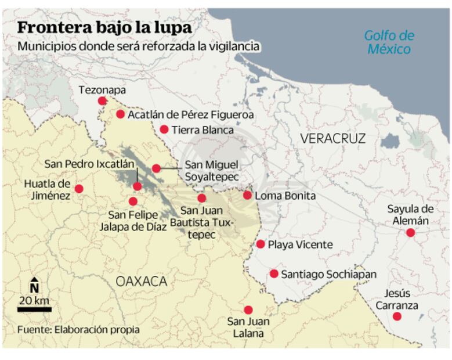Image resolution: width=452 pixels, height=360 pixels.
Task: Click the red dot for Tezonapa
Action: [102, 100]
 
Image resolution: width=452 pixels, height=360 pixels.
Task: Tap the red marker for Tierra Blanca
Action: [164, 129]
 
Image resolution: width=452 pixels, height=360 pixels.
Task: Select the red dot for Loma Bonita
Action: [247, 195]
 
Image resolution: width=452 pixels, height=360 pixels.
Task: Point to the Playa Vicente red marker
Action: [261, 244]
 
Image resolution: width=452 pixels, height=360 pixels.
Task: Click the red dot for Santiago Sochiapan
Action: [274, 273]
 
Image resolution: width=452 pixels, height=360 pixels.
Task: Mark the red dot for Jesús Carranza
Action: [397, 316]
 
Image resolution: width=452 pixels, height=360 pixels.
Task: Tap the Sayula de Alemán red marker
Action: [410, 233]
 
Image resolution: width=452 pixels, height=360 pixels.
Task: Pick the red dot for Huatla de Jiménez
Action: [79, 189]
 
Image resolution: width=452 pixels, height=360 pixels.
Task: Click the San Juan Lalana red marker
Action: [248, 310]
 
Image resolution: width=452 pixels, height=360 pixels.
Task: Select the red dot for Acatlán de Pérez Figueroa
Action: [120, 114]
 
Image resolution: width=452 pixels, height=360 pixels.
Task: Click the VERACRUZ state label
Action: [333, 138]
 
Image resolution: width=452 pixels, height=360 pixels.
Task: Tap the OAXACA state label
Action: [141, 282]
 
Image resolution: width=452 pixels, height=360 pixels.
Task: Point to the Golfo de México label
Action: [389, 42]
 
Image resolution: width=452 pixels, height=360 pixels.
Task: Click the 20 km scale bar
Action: [34, 309]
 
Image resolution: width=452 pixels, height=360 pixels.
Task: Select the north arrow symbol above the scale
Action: [34, 286]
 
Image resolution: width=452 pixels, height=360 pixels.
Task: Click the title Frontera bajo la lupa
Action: [104, 28]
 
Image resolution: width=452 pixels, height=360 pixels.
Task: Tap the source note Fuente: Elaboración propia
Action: [78, 329]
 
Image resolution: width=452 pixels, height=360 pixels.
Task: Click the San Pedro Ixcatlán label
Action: [89, 164]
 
